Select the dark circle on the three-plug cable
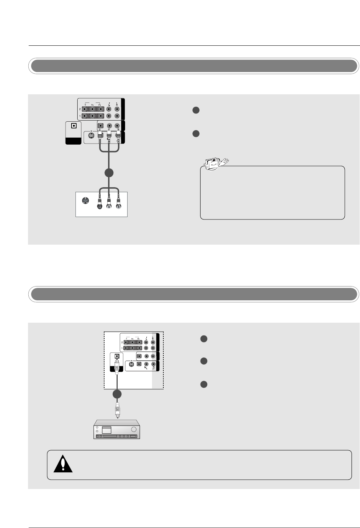[x=109, y=173]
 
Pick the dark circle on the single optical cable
[x=117, y=395]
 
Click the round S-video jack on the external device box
[x=85, y=201]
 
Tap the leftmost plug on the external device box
[x=101, y=204]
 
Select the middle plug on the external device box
[x=109, y=204]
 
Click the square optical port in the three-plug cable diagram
[x=73, y=126]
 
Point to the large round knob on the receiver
[x=134, y=429]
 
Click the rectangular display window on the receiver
[x=106, y=430]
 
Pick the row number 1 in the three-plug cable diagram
[x=80, y=116]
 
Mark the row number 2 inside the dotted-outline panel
[x=122, y=343]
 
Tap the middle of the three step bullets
[x=203, y=361]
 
